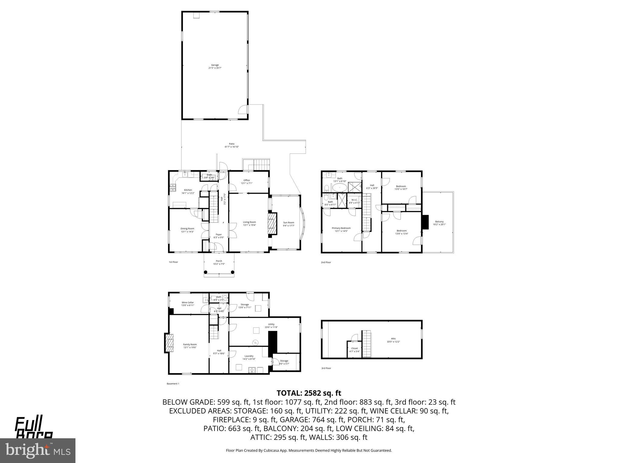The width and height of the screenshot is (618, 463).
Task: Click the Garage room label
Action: pos(215,66)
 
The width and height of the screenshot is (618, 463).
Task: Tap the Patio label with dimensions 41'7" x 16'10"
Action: pos(231,145)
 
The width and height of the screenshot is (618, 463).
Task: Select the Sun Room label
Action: pos(288,224)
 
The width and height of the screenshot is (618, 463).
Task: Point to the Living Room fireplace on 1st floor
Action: pos(272,224)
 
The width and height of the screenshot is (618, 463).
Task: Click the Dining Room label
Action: pos(187,230)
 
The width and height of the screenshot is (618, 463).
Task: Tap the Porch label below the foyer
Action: pos(219,262)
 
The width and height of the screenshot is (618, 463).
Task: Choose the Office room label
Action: pos(247,181)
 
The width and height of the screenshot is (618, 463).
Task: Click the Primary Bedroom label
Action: pos(341,229)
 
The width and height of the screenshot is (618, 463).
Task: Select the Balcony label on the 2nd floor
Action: pos(439,223)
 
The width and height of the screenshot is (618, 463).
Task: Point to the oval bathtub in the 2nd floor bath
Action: pos(339,188)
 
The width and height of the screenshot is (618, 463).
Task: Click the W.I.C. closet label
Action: pos(354,201)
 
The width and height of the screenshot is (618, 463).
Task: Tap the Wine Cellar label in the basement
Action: pos(188,304)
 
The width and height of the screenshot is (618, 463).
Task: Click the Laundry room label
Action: pos(249,357)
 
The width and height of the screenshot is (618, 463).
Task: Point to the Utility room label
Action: pos(271,326)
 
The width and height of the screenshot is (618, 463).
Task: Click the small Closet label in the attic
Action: pos(355,350)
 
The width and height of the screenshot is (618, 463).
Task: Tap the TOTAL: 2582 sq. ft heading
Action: pos(309,393)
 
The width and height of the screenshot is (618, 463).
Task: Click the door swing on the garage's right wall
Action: pos(243,109)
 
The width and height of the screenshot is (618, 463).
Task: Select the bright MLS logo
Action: pos(38,450)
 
